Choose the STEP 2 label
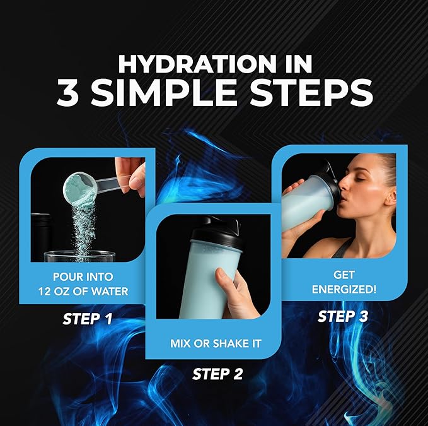(x=217, y=374)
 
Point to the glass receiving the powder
(x=79, y=256)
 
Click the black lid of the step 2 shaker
(x=215, y=232)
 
